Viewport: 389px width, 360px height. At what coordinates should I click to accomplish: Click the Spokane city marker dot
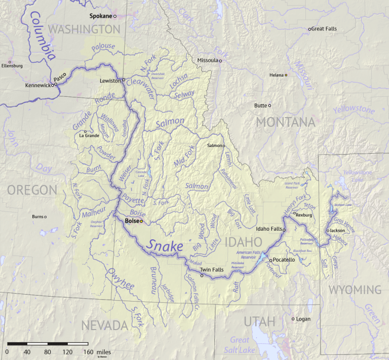click(x=115, y=17)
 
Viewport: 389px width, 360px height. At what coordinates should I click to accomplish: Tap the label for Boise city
click(x=132, y=221)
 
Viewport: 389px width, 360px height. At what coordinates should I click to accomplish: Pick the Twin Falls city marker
click(x=202, y=276)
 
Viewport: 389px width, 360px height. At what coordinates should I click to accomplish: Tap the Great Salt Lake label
click(x=240, y=344)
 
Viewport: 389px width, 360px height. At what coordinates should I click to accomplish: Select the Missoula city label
click(x=207, y=60)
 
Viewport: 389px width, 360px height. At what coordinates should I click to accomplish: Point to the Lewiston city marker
click(x=123, y=80)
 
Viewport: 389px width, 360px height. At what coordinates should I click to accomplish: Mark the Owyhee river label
click(x=120, y=279)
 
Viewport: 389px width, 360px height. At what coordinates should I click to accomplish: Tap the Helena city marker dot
click(x=286, y=75)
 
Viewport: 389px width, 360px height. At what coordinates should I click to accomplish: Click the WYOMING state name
click(x=355, y=290)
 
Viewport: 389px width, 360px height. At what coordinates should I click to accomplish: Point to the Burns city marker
click(x=45, y=217)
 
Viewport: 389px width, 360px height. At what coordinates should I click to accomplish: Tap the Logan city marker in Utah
click(x=293, y=319)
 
